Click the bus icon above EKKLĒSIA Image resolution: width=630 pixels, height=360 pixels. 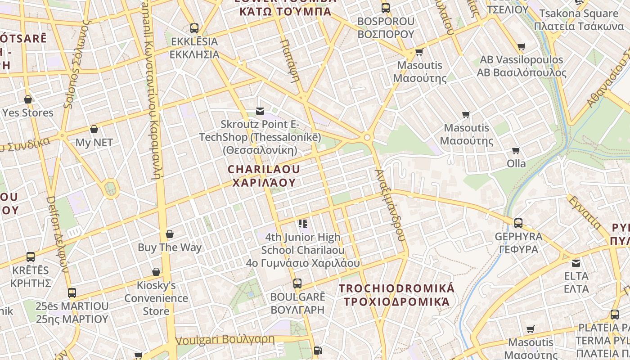pyautogui.click(x=194, y=28)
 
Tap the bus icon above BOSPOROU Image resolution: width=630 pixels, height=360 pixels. pyautogui.click(x=386, y=8)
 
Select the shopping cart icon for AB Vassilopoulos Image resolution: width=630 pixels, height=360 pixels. pyautogui.click(x=522, y=46)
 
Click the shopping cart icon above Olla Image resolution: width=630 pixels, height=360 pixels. pyautogui.click(x=516, y=150)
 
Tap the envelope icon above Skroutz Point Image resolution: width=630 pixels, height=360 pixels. pyautogui.click(x=260, y=111)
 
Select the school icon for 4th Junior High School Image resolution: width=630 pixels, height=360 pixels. pyautogui.click(x=302, y=224)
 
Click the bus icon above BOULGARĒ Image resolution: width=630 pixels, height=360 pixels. pyautogui.click(x=297, y=283)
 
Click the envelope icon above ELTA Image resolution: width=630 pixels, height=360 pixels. pyautogui.click(x=576, y=263)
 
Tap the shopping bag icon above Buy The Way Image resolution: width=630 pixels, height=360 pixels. pyautogui.click(x=170, y=234)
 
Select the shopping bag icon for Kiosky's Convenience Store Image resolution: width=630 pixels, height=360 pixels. pyautogui.click(x=156, y=272)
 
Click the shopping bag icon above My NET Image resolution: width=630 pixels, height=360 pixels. pyautogui.click(x=94, y=130)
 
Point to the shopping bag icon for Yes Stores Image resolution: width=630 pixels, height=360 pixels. pyautogui.click(x=28, y=99)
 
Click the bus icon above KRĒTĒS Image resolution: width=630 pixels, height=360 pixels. pyautogui.click(x=30, y=257)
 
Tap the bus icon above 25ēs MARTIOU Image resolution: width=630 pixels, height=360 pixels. pyautogui.click(x=72, y=293)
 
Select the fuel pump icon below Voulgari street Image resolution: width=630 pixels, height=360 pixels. pyautogui.click(x=318, y=350)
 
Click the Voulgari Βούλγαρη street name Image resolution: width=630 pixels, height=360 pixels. pyautogui.click(x=225, y=340)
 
